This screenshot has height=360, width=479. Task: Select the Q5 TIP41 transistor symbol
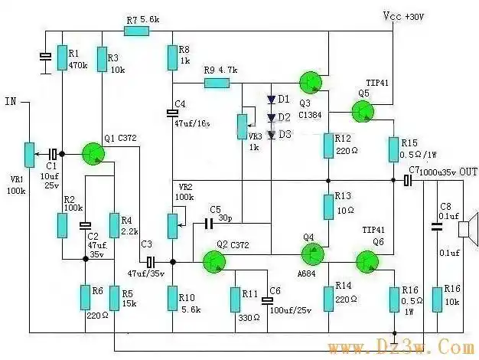pyautogui.click(x=365, y=111)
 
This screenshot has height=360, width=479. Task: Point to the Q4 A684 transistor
pyautogui.click(x=314, y=252)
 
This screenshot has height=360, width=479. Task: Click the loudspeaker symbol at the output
pyautogui.click(x=468, y=231)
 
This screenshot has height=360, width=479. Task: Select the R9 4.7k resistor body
pyautogui.click(x=217, y=82)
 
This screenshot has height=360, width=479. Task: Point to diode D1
pyautogui.click(x=270, y=100)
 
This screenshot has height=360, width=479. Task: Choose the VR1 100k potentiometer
pyautogui.click(x=29, y=154)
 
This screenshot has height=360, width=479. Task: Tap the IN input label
pyautogui.click(x=10, y=101)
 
